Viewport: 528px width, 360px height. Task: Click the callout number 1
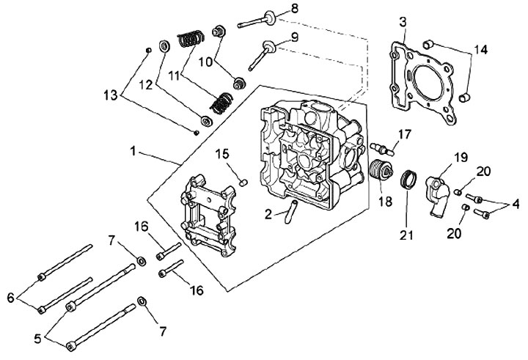[x=133, y=152]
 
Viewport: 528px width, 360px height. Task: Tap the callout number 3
[x=403, y=23]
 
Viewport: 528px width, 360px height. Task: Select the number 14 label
[x=480, y=50]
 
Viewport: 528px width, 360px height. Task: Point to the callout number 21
[x=406, y=235]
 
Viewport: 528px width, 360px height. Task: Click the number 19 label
[x=461, y=157]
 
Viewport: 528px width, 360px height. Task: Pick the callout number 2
[x=268, y=214]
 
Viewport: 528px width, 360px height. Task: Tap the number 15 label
[x=222, y=154]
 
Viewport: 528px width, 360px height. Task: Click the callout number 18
[x=385, y=202]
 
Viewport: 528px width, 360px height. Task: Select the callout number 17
[x=404, y=134]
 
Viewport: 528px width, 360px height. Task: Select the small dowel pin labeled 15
[x=243, y=183]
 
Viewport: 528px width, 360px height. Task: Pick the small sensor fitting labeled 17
[x=382, y=149]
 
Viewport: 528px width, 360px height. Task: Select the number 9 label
[x=295, y=37]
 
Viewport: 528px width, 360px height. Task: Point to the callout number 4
[x=516, y=204]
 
